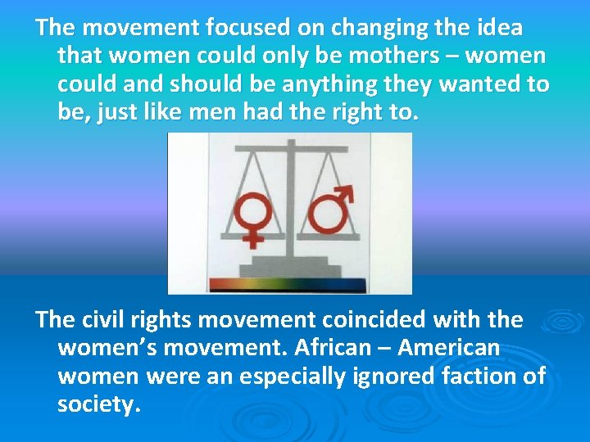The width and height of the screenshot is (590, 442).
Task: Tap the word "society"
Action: tap(96, 404)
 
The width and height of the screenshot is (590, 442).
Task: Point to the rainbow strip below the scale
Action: tap(290, 286)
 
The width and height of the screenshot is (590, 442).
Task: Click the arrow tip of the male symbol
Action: tap(346, 191)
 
